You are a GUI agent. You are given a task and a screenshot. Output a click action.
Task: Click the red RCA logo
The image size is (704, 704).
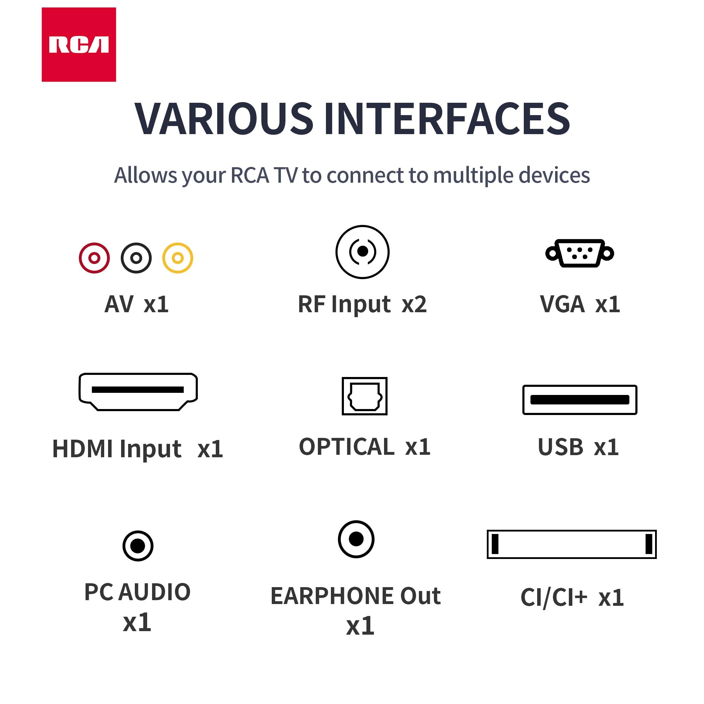coord(79,44)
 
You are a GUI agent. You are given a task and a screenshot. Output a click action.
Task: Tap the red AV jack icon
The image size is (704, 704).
coord(94,258)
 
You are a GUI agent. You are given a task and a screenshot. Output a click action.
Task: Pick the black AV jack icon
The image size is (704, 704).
coord(136,258)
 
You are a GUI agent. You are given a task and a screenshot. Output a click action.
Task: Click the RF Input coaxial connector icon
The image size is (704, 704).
coord(363,252)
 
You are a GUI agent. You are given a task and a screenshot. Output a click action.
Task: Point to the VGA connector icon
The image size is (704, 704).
coord(579,253)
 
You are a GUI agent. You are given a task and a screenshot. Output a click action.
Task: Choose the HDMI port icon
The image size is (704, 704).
coord(138,392)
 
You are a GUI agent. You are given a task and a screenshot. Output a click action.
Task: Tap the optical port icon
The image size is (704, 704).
coord(364,396)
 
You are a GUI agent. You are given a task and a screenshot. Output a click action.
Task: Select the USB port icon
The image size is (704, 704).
coord(580,400)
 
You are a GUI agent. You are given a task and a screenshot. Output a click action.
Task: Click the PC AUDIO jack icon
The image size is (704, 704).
coord(138,546)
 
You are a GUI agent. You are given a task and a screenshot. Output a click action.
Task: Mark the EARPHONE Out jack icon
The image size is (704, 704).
coord(356,539)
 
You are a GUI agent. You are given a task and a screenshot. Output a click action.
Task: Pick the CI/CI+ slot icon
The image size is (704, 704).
coord(572,544)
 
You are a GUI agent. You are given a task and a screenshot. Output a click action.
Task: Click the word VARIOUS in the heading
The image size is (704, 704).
coord(224,118)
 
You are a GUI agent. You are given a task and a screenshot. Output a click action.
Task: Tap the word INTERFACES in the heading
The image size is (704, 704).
coord(447,118)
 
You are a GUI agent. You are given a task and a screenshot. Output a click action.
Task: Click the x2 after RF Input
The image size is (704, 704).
coord(414,304)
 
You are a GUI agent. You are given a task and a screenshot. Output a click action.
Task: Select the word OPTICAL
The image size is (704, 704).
coord(346,447)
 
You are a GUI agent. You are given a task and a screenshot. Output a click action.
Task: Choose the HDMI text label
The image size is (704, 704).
coord(82,448)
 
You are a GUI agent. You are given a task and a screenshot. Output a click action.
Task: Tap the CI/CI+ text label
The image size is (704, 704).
coord(554,598)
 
